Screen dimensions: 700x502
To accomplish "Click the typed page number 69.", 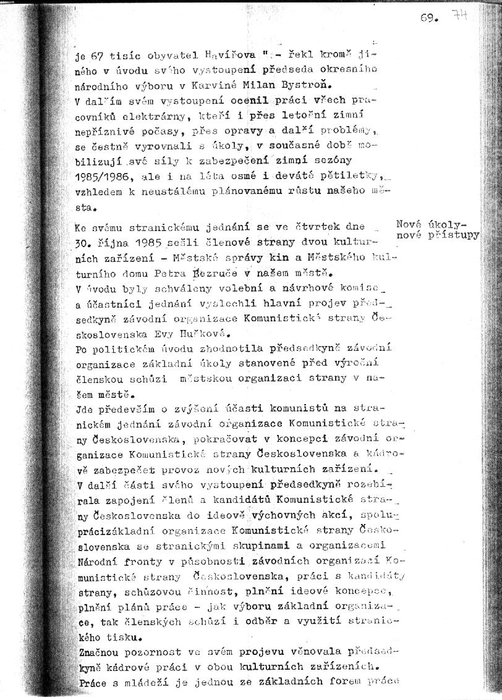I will [x=429, y=19].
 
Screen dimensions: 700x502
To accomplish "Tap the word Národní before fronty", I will [x=98, y=562].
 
